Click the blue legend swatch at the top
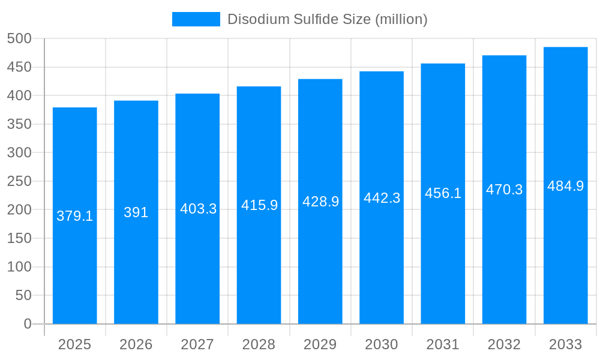pyautogui.click(x=196, y=19)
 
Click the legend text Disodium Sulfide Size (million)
pyautogui.click(x=327, y=19)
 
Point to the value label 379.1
pyautogui.click(x=75, y=216)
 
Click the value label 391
pyautogui.click(x=136, y=212)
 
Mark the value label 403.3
pyautogui.click(x=198, y=209)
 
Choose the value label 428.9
pyautogui.click(x=320, y=202)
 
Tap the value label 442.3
pyautogui.click(x=382, y=198)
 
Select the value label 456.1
pyautogui.click(x=443, y=193)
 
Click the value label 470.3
pyautogui.click(x=504, y=190)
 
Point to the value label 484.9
pyautogui.click(x=565, y=186)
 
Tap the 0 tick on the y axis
pyautogui.click(x=27, y=324)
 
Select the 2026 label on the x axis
pyautogui.click(x=136, y=344)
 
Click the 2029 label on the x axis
pyautogui.click(x=320, y=344)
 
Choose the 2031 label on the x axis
pyautogui.click(x=443, y=344)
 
